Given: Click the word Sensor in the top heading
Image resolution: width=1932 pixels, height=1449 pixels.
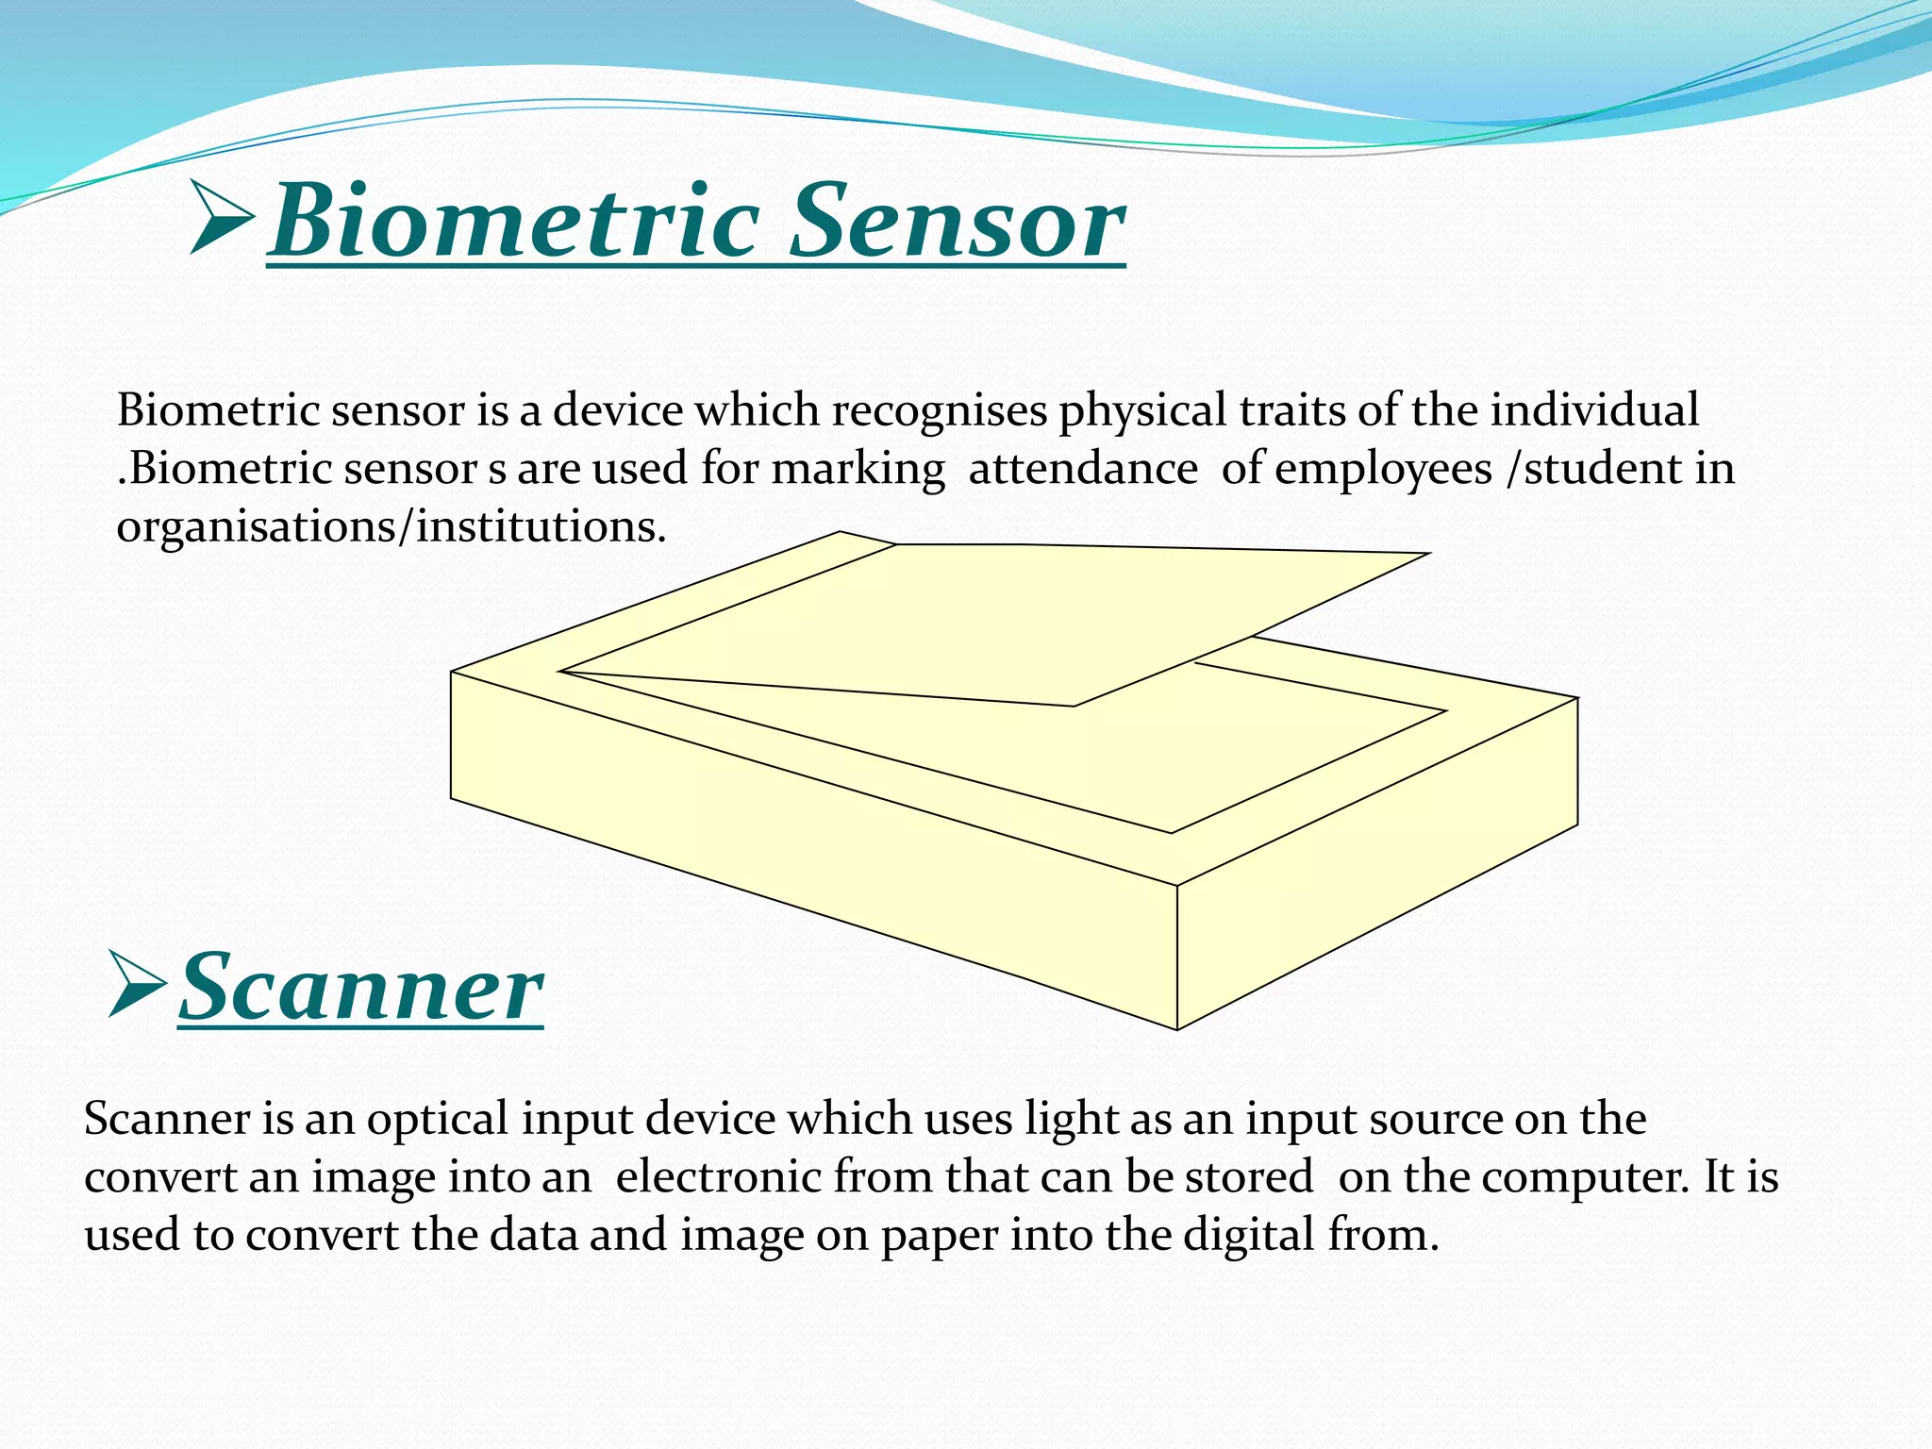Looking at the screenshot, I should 958,222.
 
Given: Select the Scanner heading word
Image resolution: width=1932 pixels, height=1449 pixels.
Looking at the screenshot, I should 361,988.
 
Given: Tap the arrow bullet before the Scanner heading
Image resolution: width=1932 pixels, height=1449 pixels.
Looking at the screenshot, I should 138,984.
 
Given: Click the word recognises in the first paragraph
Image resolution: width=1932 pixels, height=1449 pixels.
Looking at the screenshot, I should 939,411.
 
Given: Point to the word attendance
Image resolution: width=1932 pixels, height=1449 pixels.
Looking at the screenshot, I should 1083,469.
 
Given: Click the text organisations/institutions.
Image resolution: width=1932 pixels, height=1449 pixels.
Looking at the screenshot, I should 391,527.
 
